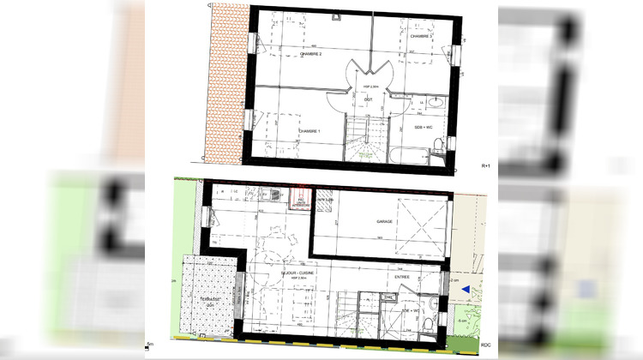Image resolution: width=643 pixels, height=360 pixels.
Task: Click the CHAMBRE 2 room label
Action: pos(309,53)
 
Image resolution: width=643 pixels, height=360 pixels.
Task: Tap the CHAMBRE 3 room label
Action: pos(420,37)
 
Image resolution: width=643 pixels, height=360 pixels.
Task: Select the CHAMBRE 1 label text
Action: pos(309,131)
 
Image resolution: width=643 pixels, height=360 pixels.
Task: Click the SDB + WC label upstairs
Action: pos(425,127)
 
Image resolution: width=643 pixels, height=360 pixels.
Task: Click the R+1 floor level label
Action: pos(485,164)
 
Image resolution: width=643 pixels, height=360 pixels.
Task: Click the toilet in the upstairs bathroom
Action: pos(438,154)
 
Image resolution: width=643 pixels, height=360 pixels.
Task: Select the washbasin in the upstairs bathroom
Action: pos(435,102)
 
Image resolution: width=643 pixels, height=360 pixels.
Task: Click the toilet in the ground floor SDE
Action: pos(429,322)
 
